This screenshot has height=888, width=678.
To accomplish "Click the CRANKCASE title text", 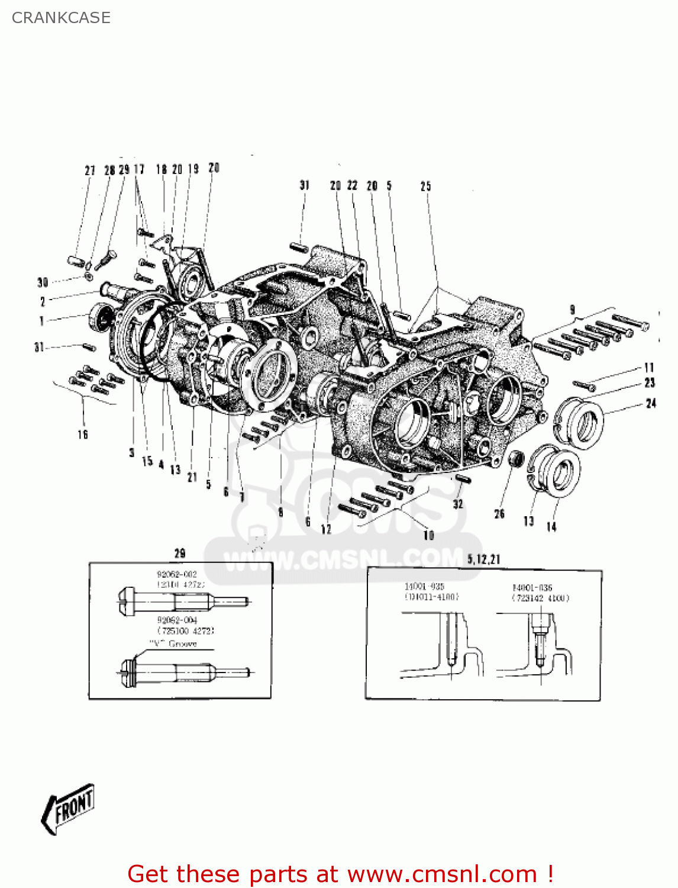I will click(61, 18).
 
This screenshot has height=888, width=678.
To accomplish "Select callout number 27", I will click(90, 170).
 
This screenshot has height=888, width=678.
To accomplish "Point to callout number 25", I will click(426, 186).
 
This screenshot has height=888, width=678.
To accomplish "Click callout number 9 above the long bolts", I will click(572, 310).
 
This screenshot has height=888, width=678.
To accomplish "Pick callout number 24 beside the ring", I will click(651, 403).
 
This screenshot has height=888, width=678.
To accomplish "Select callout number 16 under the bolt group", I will click(83, 435).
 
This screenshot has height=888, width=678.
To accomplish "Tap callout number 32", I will click(458, 504).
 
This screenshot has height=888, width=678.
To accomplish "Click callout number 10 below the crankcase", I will click(429, 535).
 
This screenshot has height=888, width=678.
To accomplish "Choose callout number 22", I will click(353, 185).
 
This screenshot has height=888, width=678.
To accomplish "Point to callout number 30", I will click(43, 282).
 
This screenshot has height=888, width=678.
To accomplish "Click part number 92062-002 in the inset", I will click(177, 574).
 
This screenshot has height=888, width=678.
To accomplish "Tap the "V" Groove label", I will click(173, 644).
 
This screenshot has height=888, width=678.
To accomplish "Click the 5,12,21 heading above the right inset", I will click(483, 559).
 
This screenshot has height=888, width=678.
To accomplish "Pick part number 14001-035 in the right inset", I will click(424, 587).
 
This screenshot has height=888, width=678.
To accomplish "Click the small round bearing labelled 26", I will click(517, 458).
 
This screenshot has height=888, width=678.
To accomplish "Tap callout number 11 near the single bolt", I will click(649, 368).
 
